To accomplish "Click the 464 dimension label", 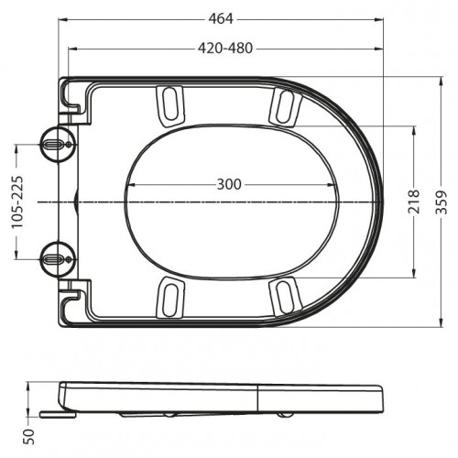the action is coord(221,19).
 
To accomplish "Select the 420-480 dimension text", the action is coord(225,49).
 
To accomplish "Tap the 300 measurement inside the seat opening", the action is coord(229,184).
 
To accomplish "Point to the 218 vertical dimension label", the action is coord(414,202).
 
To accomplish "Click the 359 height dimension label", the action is coord(441,202).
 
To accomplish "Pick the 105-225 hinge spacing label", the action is coord(17,202).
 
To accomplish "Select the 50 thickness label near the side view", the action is coord(29,437).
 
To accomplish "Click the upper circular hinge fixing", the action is coord(58,144).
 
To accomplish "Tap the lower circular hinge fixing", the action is coord(58,259).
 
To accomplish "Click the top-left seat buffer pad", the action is coord(170,106).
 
